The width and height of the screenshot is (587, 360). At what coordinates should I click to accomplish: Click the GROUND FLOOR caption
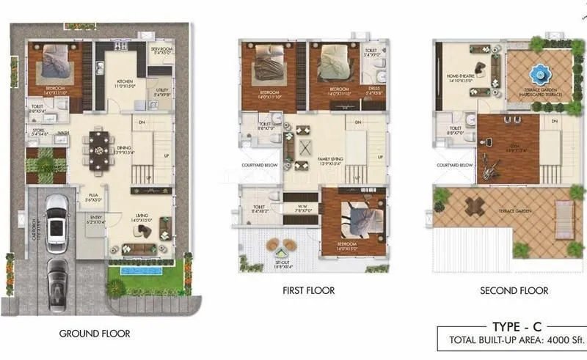pyautogui.click(x=94, y=334)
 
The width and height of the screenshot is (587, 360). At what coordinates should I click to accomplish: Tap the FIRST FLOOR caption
pyautogui.click(x=308, y=291)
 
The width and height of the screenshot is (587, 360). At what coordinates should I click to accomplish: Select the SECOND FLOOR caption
pyautogui.click(x=514, y=291)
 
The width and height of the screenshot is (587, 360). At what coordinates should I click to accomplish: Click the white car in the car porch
pyautogui.click(x=55, y=217)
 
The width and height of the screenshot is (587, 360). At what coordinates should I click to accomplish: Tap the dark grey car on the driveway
pyautogui.click(x=55, y=278)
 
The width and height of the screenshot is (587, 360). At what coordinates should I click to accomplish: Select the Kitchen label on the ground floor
pyautogui.click(x=121, y=82)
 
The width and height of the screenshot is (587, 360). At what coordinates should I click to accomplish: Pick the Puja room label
pyautogui.click(x=92, y=196)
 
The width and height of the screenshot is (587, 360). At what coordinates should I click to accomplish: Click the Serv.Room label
pyautogui.click(x=161, y=51)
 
